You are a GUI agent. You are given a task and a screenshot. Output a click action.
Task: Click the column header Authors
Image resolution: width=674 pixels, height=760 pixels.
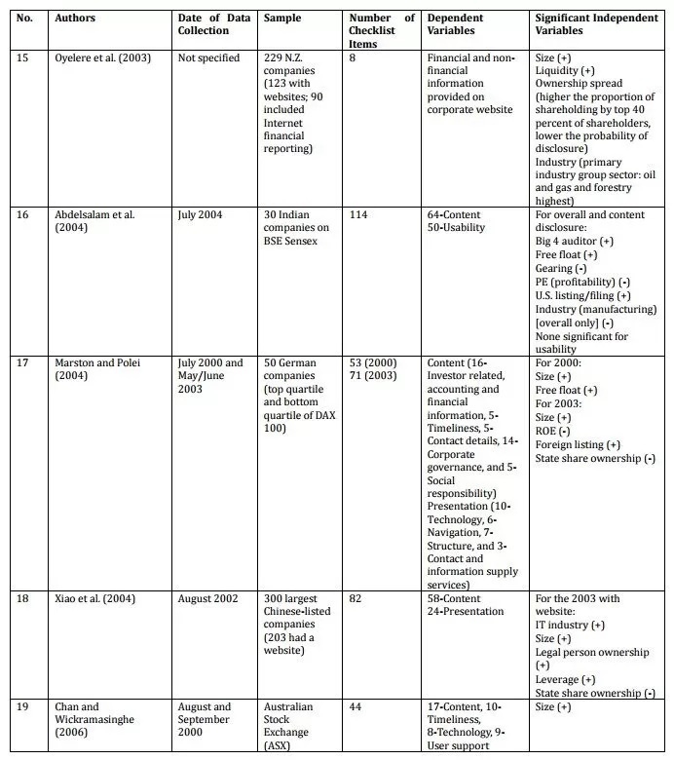[x=74, y=19]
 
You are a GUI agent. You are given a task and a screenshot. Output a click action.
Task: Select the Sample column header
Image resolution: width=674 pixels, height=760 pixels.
[x=282, y=19]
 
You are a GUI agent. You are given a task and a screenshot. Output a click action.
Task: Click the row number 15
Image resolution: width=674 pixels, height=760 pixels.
[x=23, y=58]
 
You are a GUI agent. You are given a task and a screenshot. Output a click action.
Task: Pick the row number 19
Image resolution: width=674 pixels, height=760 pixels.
[x=23, y=707]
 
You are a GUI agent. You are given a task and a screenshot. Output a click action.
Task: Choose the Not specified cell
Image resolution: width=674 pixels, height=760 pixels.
[x=208, y=58]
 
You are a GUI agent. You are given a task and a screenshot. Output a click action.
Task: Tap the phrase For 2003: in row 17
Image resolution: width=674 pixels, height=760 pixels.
[x=560, y=404]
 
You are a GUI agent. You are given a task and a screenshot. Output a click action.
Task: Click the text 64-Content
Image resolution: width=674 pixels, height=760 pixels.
[x=454, y=214]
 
